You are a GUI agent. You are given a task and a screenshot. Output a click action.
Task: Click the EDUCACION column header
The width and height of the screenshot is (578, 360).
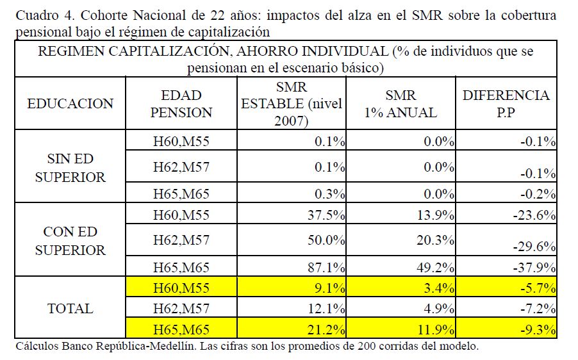(70, 104)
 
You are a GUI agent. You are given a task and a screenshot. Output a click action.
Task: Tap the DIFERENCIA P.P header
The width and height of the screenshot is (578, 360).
(506, 104)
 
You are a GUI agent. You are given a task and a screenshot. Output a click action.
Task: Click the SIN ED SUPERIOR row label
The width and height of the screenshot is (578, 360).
(70, 168)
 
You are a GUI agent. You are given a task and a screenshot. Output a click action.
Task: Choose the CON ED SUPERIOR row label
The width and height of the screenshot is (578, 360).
(70, 241)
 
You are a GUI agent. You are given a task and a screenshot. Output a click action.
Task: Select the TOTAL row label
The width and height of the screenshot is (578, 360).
(70, 309)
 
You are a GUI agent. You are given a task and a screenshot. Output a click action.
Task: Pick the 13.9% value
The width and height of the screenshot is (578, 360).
(436, 216)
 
